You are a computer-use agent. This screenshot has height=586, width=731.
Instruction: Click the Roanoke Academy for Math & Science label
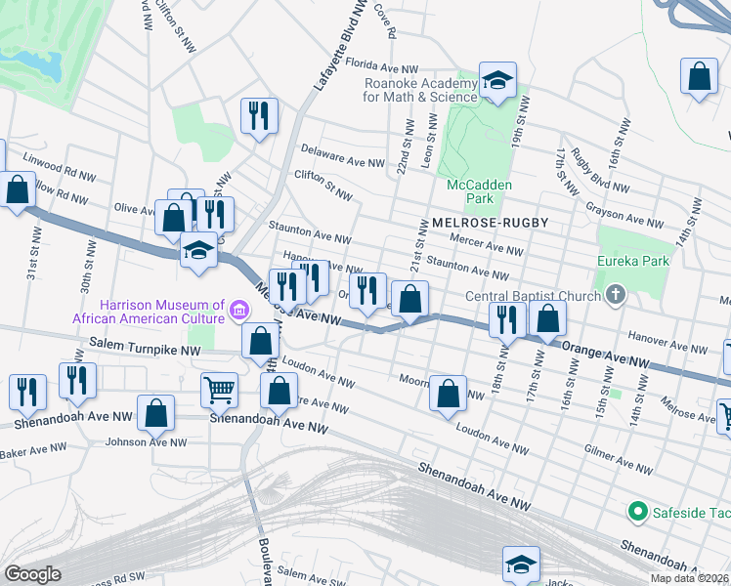[x=420, y=90]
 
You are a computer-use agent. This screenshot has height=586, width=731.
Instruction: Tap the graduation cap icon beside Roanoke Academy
[x=497, y=81]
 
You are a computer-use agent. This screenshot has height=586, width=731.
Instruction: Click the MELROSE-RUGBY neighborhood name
[x=484, y=223]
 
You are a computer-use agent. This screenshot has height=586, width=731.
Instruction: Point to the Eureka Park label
[x=634, y=261]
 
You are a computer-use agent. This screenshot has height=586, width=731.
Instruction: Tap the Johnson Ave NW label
[x=147, y=442]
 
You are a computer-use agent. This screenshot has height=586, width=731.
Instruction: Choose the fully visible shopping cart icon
[x=219, y=390]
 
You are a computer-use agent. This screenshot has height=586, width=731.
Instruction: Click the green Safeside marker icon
[x=637, y=511]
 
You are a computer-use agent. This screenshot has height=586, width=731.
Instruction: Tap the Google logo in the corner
[x=32, y=574]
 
